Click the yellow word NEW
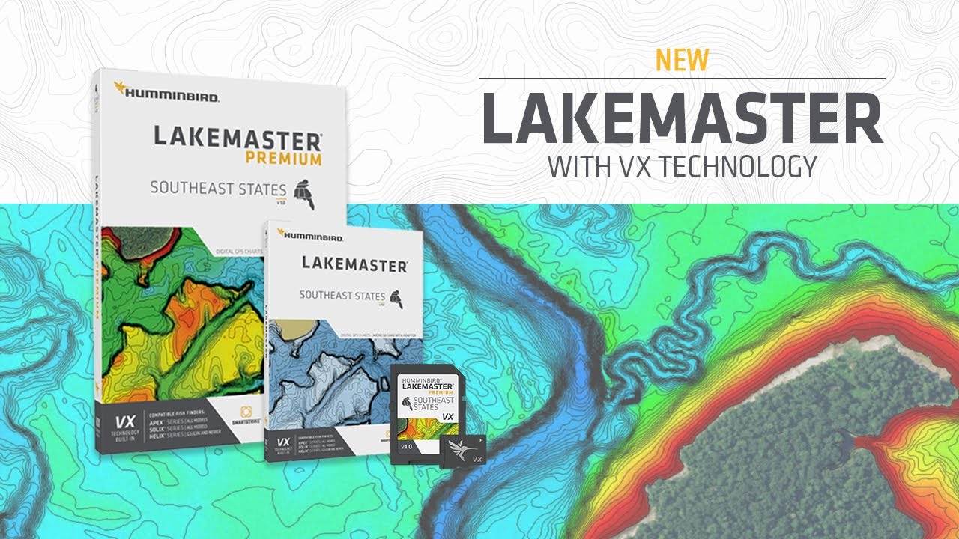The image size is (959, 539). point(682,61)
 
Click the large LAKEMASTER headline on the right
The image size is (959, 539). point(682,119)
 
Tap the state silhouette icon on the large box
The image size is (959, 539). point(305,192)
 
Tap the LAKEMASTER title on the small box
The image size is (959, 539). point(354,264)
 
